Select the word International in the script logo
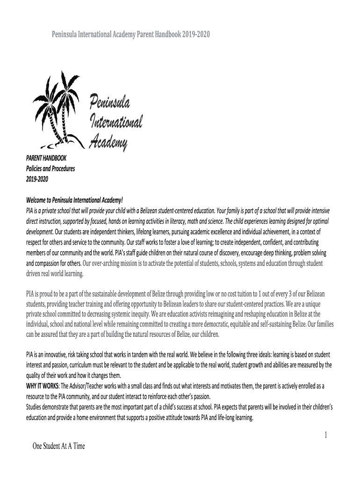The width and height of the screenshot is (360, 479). (x=115, y=122)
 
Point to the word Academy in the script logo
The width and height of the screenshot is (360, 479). (x=108, y=140)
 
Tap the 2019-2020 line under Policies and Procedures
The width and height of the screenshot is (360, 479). (x=37, y=179)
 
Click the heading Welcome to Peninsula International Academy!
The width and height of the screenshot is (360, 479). (x=74, y=201)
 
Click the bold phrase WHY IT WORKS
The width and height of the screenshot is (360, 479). (x=43, y=385)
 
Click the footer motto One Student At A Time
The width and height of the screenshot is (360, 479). (x=59, y=446)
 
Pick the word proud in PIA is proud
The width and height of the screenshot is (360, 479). (x=51, y=294)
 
